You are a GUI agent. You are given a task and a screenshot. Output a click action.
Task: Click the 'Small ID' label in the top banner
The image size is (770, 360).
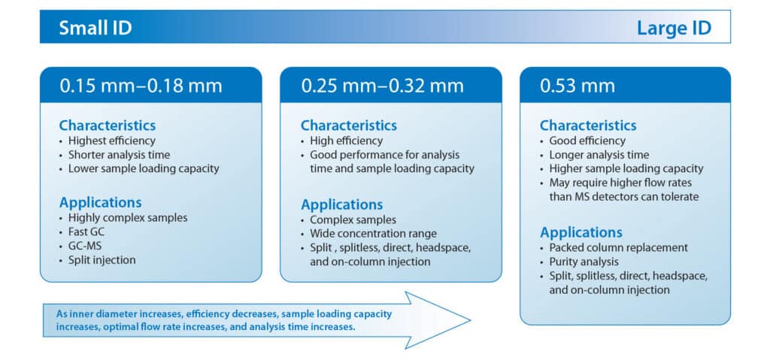tap(95, 29)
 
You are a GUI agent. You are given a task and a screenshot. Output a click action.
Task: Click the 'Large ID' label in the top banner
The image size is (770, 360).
tap(673, 29)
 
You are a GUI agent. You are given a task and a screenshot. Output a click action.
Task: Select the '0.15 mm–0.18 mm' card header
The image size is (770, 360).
tap(141, 86)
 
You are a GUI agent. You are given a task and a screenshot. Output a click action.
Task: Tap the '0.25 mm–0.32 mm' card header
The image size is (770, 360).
tap(382, 86)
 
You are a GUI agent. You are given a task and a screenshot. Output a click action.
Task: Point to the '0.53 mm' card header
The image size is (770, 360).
tap(577, 86)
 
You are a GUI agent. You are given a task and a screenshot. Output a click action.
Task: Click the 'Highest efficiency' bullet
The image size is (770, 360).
tap(111, 141)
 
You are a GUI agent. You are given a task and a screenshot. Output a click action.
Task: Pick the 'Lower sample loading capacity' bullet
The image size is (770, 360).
tap(143, 168)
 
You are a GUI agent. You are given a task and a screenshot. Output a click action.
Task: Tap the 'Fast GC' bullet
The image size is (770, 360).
tap(87, 231)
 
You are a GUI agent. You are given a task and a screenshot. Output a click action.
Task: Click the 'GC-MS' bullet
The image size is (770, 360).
tap(85, 245)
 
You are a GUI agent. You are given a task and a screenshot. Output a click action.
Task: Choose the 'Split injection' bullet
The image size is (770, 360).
tap(102, 259)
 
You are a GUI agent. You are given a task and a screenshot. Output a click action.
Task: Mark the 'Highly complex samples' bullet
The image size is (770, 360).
tap(127, 218)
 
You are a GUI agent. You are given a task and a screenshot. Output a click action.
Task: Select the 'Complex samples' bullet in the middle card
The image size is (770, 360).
tap(352, 220)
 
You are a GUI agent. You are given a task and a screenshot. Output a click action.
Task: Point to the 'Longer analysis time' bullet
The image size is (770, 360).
tap(599, 155)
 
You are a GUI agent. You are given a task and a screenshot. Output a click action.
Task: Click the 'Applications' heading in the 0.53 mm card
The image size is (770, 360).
tap(581, 232)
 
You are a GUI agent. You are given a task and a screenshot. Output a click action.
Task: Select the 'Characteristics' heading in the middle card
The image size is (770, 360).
tap(348, 125)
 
